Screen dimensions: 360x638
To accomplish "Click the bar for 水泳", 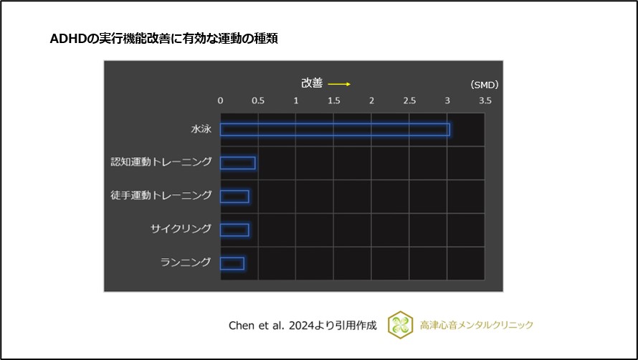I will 335,130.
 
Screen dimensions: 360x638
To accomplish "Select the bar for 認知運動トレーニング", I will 237,163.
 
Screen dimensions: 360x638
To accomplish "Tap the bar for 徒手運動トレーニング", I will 234,196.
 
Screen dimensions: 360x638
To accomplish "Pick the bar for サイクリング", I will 234,229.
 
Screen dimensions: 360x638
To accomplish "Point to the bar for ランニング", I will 232,263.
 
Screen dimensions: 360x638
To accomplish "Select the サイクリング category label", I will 181,229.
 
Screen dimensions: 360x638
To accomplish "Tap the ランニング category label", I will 186,262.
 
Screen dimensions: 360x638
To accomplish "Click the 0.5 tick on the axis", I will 258,101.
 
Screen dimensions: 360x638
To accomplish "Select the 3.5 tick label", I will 485,101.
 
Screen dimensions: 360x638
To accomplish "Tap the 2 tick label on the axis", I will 371,101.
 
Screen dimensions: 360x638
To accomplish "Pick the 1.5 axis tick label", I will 334,101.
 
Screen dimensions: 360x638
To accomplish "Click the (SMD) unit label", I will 485,85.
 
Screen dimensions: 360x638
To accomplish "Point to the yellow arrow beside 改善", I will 339,84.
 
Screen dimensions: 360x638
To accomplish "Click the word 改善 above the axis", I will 312,84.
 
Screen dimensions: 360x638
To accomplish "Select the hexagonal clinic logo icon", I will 400,325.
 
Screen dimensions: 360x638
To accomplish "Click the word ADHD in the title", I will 67,39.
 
